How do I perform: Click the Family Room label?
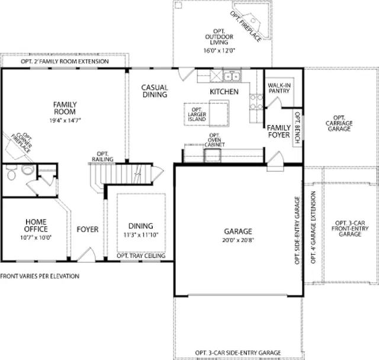pos(65,108)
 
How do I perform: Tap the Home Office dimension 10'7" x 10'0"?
pos(36,238)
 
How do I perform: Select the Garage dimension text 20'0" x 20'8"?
pos(238,240)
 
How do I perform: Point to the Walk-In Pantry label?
pos(279,88)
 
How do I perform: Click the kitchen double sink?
pos(232,76)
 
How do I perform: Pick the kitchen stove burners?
pos(256,102)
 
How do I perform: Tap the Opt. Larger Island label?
pos(197,114)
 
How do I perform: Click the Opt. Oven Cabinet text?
pos(214,140)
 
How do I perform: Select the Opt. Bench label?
pos(297,127)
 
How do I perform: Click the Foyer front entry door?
pos(86,255)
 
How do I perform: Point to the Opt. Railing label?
pos(102,156)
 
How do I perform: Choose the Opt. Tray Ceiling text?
pos(141,256)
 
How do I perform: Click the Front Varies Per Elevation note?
pos(40,276)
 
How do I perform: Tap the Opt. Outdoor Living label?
pos(219,37)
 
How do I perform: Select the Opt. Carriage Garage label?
pos(339,123)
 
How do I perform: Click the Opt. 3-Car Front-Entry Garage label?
pos(350,229)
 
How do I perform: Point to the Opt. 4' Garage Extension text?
pos(313,227)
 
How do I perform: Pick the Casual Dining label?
pos(155,91)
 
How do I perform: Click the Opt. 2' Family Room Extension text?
pos(65,62)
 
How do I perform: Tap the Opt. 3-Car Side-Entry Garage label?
pos(238,353)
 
